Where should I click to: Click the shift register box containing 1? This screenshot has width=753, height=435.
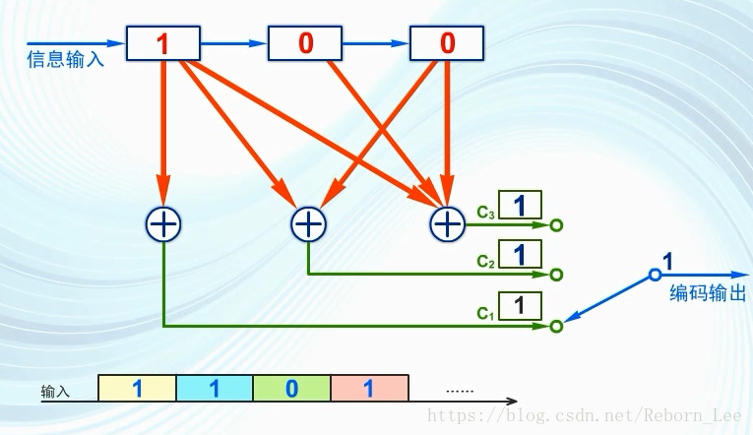point(163,43)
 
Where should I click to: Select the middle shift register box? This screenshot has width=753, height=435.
point(305,43)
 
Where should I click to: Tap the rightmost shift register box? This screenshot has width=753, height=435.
point(447,43)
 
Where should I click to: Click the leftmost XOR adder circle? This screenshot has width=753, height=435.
point(163,225)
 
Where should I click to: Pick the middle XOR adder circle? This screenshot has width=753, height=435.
point(308,225)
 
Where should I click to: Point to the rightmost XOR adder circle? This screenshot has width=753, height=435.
point(448,225)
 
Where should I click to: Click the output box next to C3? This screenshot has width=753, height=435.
point(520,206)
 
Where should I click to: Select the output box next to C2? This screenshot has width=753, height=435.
point(520,255)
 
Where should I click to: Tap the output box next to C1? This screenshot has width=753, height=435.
point(520,305)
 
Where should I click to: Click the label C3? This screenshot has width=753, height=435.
point(485,212)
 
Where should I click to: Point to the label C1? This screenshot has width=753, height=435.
point(484,313)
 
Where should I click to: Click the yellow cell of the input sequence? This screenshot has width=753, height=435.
point(138,388)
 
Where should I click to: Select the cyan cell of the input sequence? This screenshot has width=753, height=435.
point(215,388)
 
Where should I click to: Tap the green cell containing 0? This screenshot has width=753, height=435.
point(291,388)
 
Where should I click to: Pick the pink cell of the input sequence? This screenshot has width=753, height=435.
point(369,388)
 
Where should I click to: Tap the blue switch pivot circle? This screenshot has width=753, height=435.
point(654,275)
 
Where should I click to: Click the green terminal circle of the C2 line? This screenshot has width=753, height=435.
point(556,275)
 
